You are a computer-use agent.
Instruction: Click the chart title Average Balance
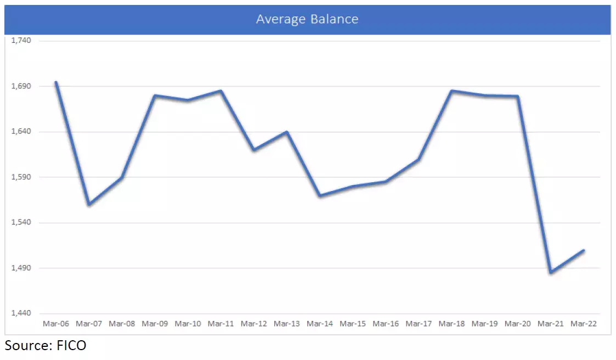click(307, 19)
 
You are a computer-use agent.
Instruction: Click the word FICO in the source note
click(70, 346)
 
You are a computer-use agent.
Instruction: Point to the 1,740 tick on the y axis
click(21, 41)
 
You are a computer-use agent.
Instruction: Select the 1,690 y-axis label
click(21, 86)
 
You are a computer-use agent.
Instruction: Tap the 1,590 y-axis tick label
click(21, 177)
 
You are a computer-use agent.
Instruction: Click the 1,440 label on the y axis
click(21, 313)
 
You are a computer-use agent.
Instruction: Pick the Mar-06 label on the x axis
click(56, 324)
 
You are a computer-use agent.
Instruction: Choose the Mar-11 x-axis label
click(221, 324)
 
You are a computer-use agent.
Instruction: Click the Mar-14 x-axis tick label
click(320, 324)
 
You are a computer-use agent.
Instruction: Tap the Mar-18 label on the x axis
click(451, 324)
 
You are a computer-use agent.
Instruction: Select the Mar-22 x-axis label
click(583, 324)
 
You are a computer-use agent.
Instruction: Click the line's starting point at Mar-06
click(56, 82)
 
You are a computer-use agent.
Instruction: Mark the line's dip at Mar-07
click(89, 205)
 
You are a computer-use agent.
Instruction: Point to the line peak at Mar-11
click(221, 91)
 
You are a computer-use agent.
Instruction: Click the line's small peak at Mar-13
click(287, 132)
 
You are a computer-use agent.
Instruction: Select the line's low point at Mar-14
click(320, 196)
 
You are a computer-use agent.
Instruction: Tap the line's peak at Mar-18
click(451, 91)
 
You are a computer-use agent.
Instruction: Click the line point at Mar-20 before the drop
click(517, 97)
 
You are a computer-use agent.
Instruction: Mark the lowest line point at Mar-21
click(550, 272)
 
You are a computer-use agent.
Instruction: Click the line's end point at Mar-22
click(583, 251)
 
